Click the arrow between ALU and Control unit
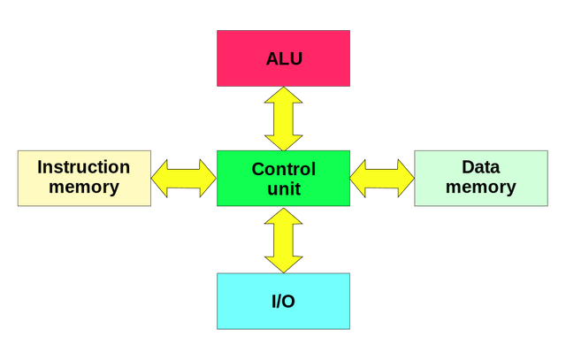[x=283, y=118]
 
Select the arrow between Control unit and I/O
[x=283, y=240]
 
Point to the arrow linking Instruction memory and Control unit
[x=184, y=178]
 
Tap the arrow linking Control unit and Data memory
[x=382, y=178]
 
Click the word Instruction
[x=84, y=167]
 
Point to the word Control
[x=283, y=168]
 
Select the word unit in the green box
[x=283, y=188]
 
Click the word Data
[x=480, y=167]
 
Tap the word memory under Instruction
[x=84, y=188]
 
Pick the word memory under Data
[x=480, y=188]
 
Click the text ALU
[x=283, y=60]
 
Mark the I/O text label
[x=283, y=302]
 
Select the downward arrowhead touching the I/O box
[x=283, y=262]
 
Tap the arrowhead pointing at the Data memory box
[x=404, y=178]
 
